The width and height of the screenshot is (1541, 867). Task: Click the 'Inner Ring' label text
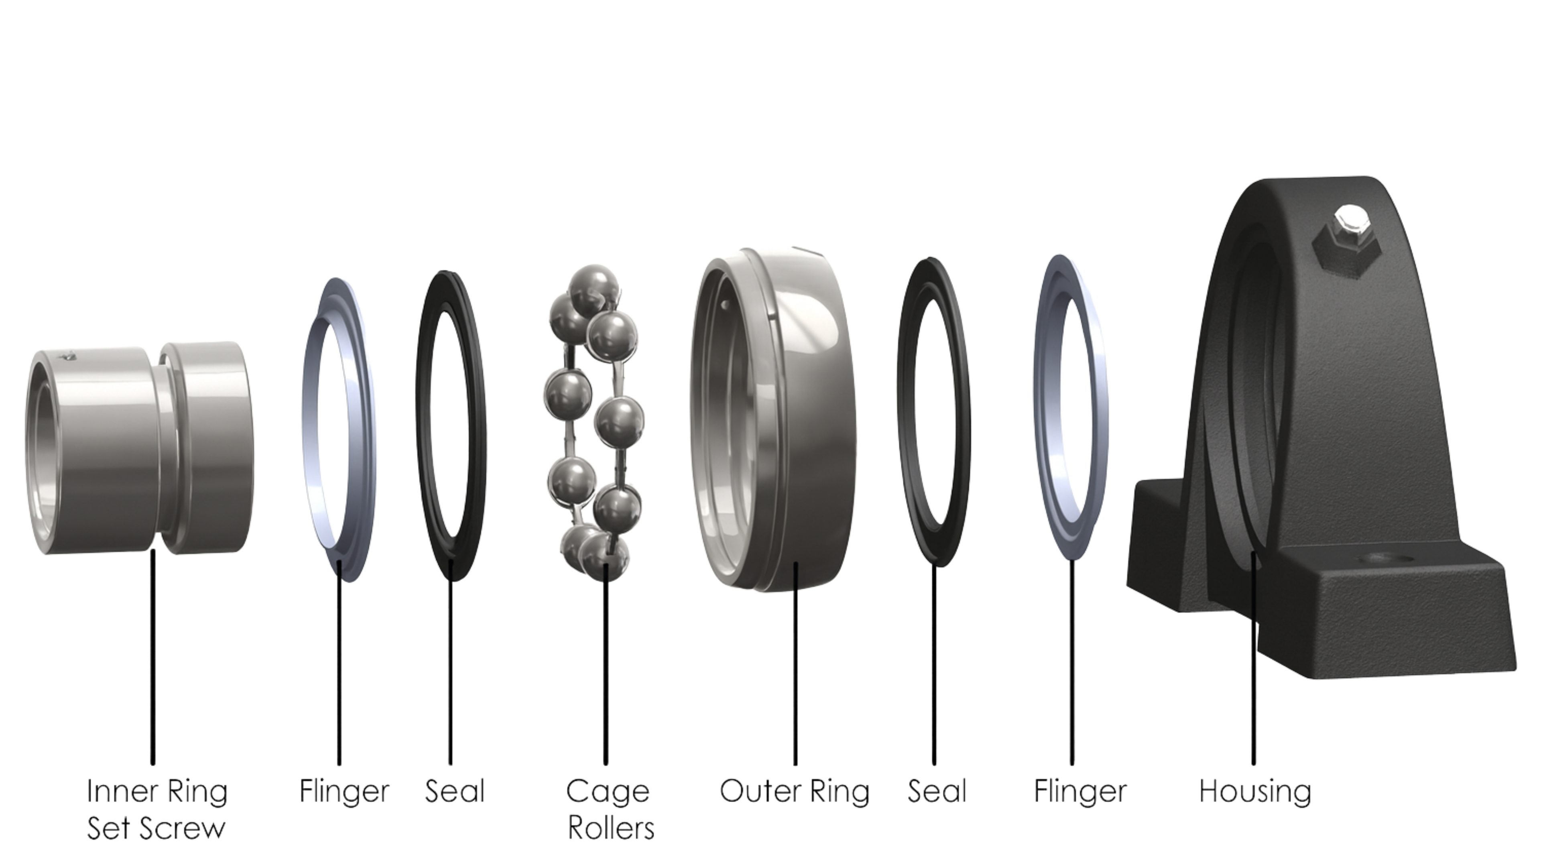[x=157, y=791]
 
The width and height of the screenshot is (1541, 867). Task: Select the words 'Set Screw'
[x=156, y=829]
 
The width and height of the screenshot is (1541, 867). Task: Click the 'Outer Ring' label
[x=795, y=791]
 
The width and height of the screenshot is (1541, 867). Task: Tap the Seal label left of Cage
[x=455, y=791]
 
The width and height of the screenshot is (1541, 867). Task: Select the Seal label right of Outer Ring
[x=937, y=791]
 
